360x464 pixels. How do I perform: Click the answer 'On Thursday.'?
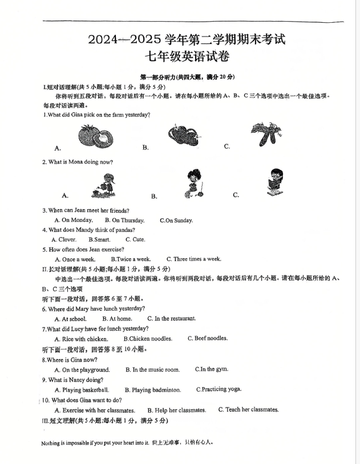124,220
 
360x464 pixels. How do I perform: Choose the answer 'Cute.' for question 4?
135,239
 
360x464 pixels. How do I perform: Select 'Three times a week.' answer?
193,259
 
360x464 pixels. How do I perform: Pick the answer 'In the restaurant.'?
171,319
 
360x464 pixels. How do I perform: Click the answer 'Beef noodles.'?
208,339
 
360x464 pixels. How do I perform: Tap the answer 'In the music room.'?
152,369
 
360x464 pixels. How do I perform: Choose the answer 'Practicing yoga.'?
219,389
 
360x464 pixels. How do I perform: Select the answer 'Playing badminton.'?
152,390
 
